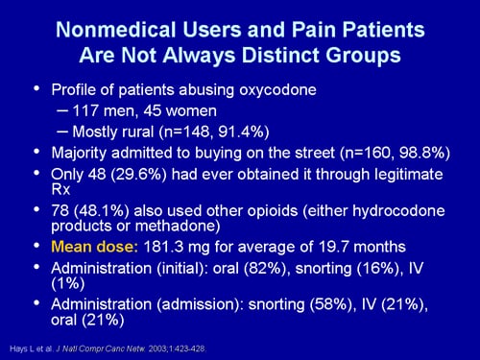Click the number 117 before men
[x=85, y=110]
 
